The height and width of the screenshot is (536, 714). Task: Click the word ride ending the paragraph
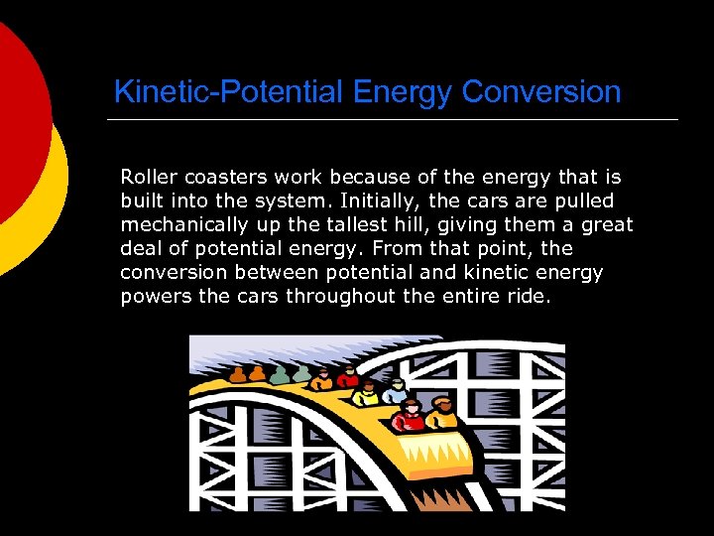527,296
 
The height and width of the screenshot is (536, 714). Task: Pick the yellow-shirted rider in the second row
366,393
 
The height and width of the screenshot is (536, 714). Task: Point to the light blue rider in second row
396,390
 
